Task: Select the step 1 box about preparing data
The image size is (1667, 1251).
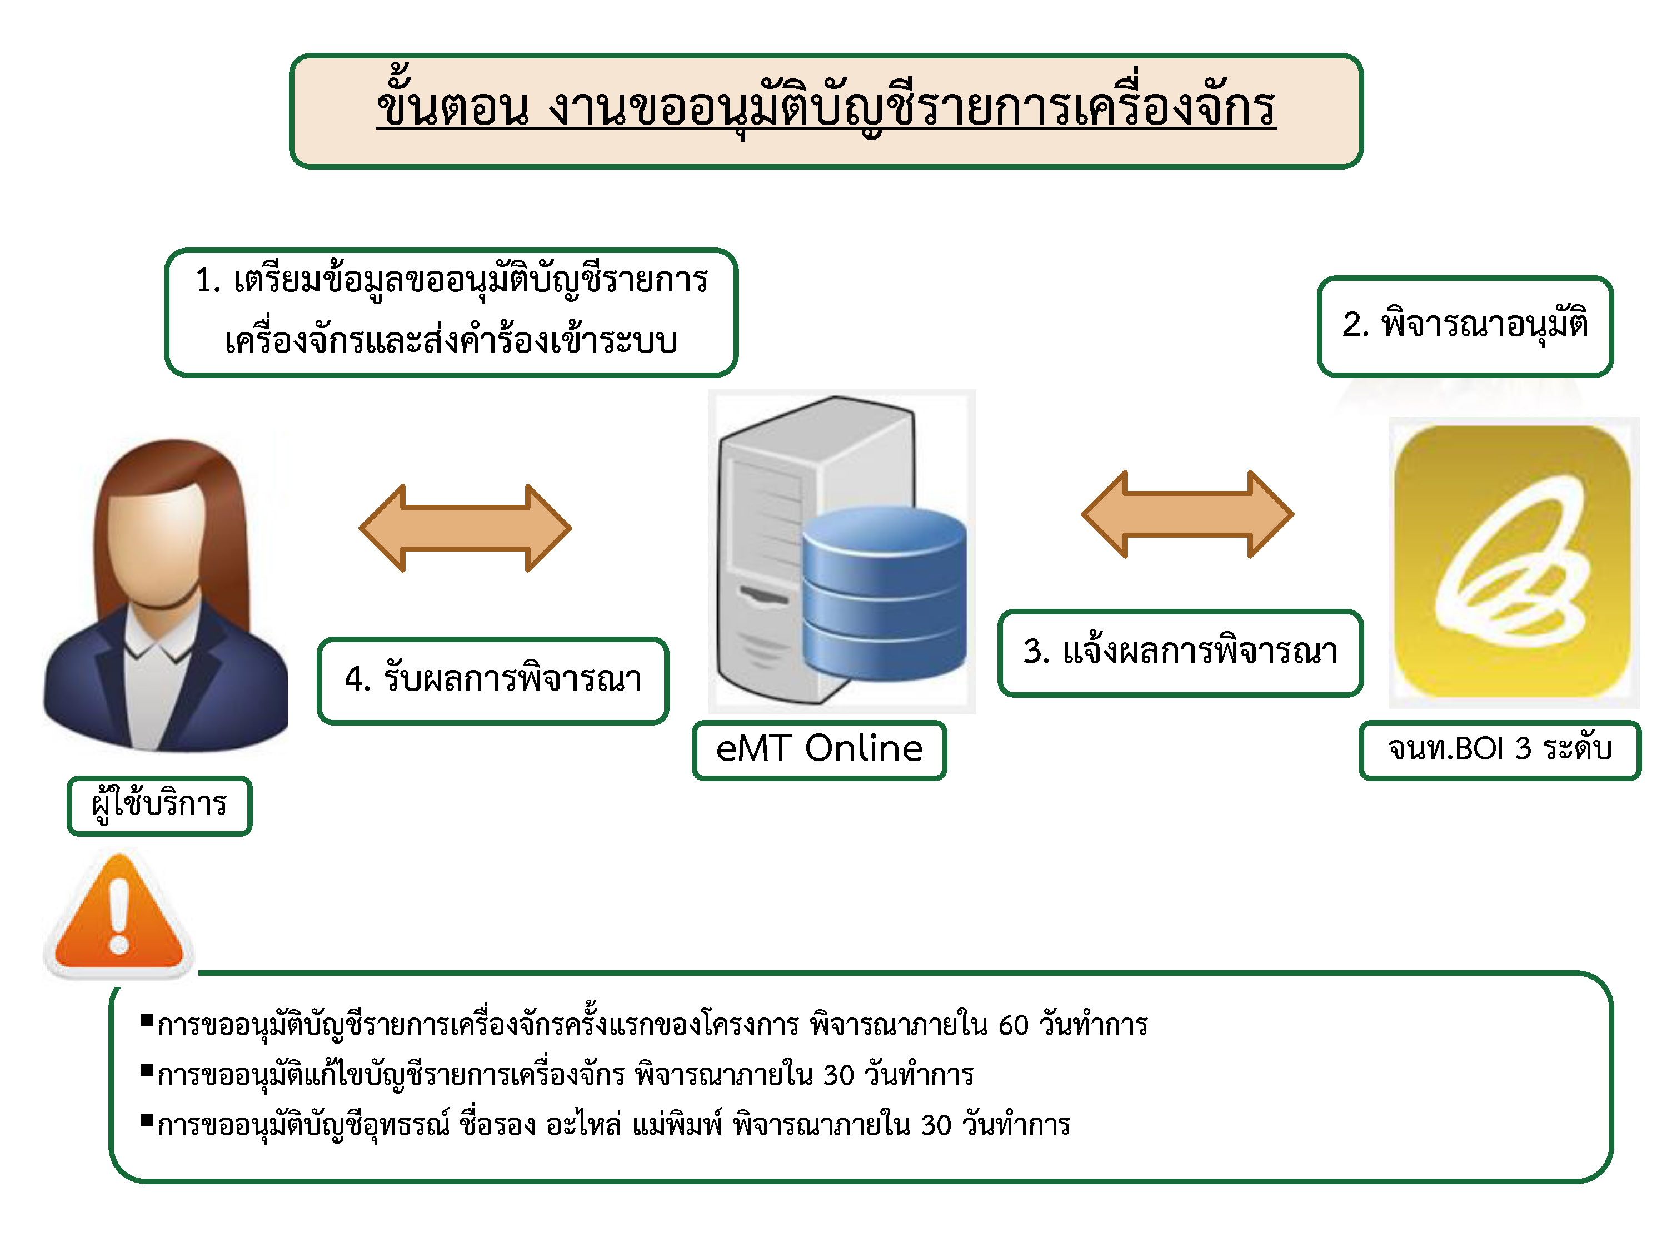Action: coord(451,311)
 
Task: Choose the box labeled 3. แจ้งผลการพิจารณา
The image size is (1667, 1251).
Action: coord(1180,652)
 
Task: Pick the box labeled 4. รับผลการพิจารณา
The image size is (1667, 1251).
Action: coord(493,680)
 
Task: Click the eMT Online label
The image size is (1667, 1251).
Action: coord(818,749)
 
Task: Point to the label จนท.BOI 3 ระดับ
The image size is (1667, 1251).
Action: coord(1499,749)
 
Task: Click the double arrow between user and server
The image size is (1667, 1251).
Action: coord(465,528)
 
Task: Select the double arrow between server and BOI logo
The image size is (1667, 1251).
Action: coord(1187,514)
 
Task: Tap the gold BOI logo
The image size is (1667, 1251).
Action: coord(1513,562)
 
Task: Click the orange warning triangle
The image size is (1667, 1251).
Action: coord(119,917)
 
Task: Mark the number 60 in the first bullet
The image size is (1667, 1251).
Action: coord(1013,1025)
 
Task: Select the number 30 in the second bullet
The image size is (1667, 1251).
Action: coord(838,1075)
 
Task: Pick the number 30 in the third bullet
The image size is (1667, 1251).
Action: coord(935,1125)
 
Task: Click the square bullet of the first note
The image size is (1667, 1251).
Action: coord(147,1021)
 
